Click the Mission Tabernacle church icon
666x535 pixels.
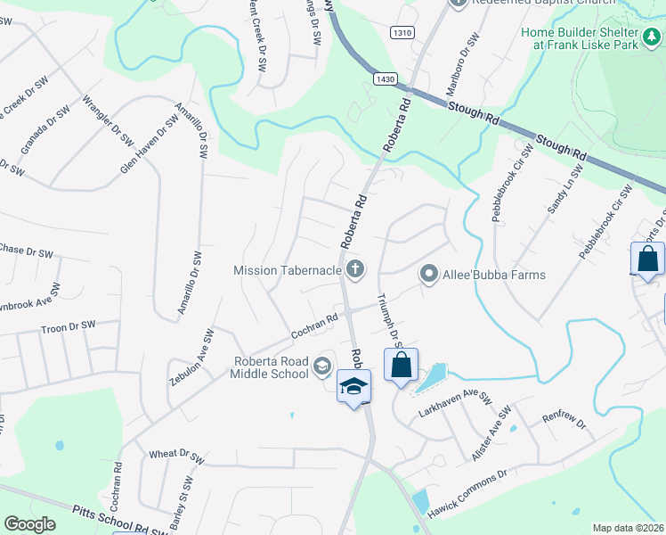click(x=355, y=269)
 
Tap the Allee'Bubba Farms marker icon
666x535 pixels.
click(x=430, y=275)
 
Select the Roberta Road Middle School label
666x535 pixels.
click(x=271, y=367)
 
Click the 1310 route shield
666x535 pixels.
click(x=402, y=32)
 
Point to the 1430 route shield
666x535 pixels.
click(x=385, y=79)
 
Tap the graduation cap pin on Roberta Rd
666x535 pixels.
click(x=353, y=387)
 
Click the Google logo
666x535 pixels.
click(x=29, y=524)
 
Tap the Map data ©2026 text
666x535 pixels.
click(x=628, y=528)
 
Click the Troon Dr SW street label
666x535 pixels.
click(x=68, y=328)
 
